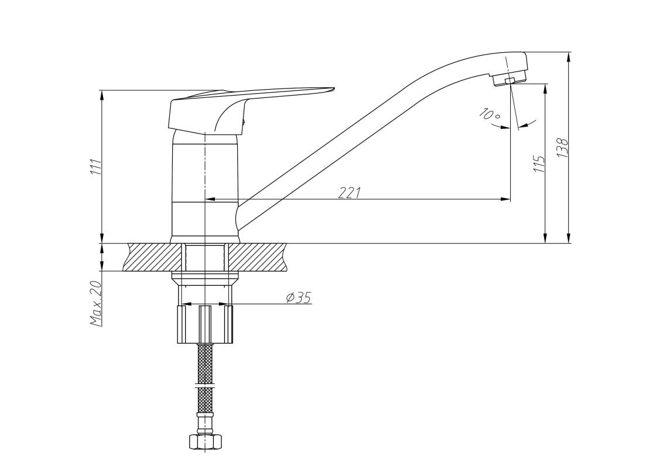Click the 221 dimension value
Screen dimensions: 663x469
[350, 192]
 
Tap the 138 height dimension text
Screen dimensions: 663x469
[563, 148]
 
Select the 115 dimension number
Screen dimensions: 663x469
[539, 164]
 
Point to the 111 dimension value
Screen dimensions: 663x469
[96, 167]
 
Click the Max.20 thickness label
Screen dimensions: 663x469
[96, 303]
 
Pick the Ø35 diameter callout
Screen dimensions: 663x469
[299, 298]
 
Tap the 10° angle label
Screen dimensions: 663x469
[490, 114]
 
